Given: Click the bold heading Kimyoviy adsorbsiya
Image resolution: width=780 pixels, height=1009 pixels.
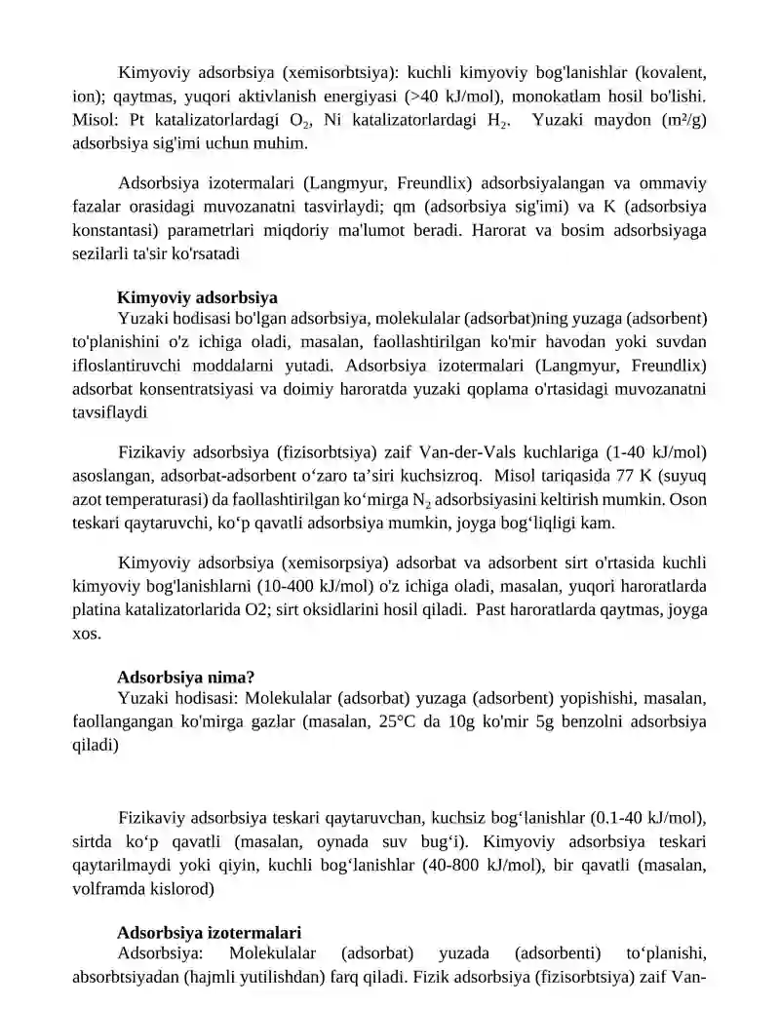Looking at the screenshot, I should coord(197,297).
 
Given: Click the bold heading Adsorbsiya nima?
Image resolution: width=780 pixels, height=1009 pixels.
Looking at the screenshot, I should coord(186,677).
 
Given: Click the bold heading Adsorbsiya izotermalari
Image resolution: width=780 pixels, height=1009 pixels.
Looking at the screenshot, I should coord(209,932).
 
